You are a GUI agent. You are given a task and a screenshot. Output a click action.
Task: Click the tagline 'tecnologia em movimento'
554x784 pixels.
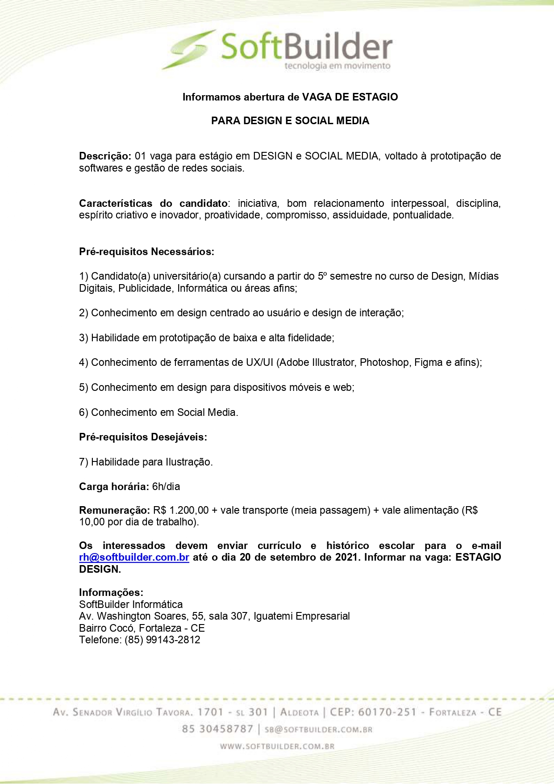point(337,66)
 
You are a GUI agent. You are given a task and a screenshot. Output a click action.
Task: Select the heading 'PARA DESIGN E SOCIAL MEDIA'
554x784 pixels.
point(290,121)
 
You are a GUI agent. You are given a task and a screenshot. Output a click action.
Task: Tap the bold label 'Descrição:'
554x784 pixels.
point(105,156)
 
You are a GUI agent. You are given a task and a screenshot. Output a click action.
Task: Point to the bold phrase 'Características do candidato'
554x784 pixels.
point(153,203)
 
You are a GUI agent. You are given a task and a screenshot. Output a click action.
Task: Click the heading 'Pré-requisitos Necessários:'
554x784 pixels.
point(146,252)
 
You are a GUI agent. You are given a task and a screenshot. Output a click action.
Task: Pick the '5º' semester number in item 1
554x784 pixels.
point(322,276)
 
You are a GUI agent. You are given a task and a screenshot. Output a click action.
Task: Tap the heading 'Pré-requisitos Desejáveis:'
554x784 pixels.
point(143,437)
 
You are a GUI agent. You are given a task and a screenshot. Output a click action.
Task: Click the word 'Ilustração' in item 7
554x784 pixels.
point(188,462)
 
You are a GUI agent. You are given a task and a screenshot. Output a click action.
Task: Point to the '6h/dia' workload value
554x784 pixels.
point(166,486)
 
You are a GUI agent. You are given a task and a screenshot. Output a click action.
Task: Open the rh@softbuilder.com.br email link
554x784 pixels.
point(134,558)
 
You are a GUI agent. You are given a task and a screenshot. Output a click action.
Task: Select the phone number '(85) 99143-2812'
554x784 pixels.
point(162,640)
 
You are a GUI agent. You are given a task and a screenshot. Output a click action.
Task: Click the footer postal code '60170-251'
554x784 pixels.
point(387,712)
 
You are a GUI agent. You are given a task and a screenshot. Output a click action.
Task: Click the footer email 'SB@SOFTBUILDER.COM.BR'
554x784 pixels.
point(318,729)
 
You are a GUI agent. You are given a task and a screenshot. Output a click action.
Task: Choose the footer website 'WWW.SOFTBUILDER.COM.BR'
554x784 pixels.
point(277,746)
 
